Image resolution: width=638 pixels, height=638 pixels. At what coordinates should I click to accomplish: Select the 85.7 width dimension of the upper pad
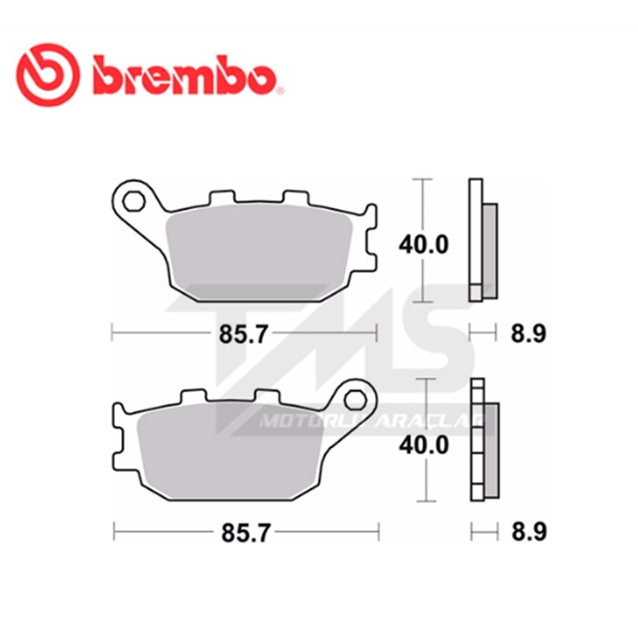tap(243, 333)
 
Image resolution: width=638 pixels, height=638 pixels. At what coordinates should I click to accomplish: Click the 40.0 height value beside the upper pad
tap(424, 244)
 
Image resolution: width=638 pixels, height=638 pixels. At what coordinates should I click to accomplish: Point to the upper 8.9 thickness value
tap(528, 333)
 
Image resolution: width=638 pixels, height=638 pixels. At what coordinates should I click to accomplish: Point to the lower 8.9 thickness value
tap(529, 533)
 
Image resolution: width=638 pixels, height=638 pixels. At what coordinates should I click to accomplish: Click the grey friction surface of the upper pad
tap(255, 255)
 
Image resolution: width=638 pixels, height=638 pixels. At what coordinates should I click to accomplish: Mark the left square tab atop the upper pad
tap(219, 199)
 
